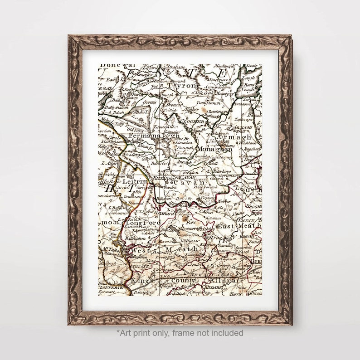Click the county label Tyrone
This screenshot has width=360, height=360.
pos(182,85)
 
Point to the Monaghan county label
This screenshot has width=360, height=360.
pos(214,149)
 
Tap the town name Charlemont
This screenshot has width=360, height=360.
pos(218,111)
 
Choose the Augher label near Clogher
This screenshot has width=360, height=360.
pos(191,110)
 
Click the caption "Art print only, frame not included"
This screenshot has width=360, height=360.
pos(180,333)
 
